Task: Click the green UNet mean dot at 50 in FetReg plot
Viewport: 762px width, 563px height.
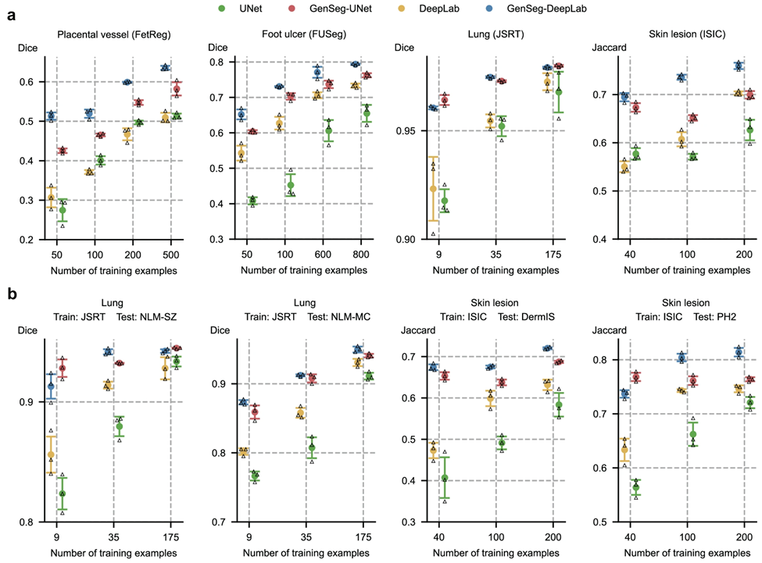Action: coord(63,210)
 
